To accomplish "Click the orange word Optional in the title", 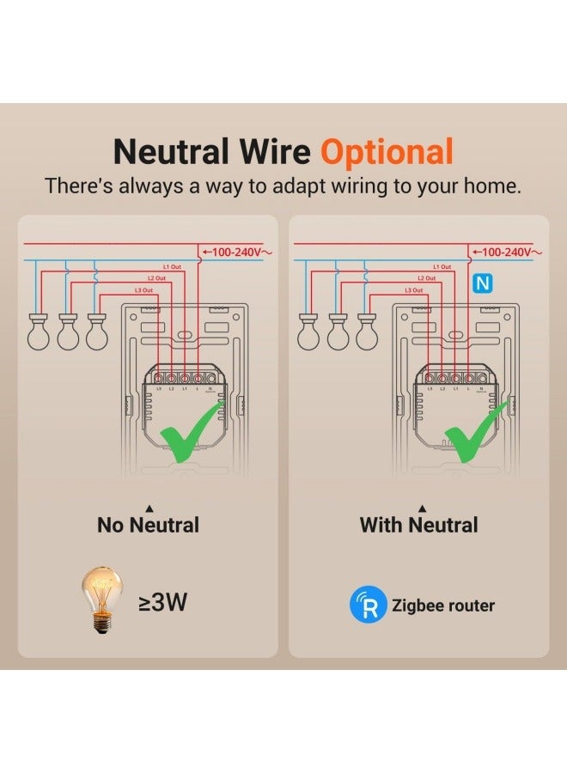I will tap(387, 152).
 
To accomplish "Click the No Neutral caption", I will tap(148, 524).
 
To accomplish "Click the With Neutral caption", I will tap(418, 524).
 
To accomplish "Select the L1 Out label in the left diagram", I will tap(171, 267).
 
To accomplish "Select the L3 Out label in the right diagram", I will tap(414, 290).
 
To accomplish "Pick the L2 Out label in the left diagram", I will tap(155, 278).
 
